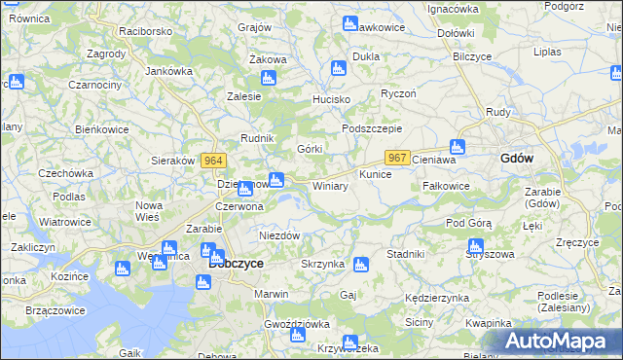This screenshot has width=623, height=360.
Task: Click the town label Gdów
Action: tap(516, 158)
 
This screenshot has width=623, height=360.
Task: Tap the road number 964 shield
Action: tap(214, 161)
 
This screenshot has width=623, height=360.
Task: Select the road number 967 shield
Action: tap(397, 158)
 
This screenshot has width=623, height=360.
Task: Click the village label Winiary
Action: tap(330, 186)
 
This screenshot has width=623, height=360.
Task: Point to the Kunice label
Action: tap(375, 174)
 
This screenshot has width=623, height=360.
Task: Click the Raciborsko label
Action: tap(146, 31)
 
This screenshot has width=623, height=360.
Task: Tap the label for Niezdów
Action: tap(278, 235)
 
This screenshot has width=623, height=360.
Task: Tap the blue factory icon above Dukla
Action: tap(338, 69)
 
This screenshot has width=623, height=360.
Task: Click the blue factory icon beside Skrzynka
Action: tap(361, 264)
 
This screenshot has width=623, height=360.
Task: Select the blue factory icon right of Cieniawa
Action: tap(458, 148)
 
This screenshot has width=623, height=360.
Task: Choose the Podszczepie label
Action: tap(371, 128)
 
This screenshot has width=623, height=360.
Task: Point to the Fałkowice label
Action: tap(447, 186)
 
